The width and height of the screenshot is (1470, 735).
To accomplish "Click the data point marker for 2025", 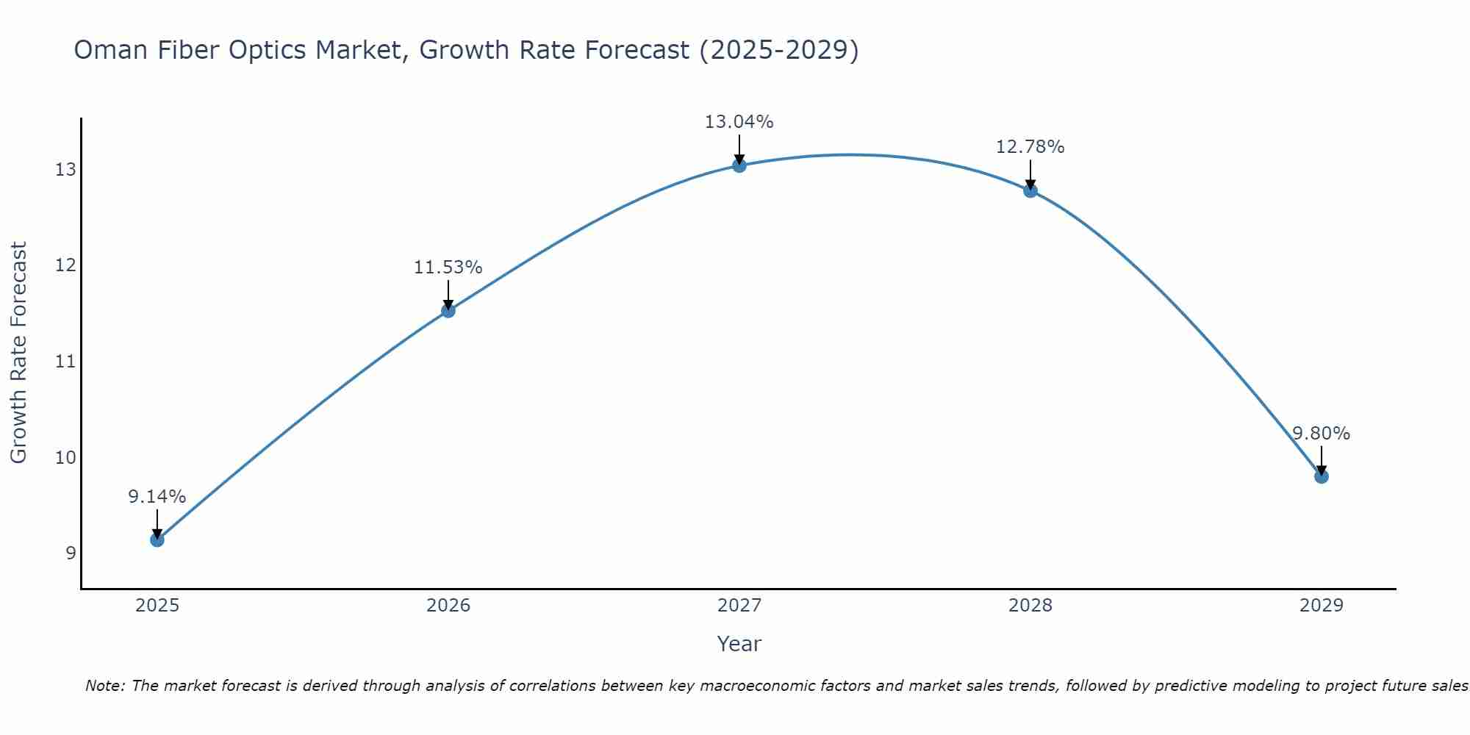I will click(x=157, y=540).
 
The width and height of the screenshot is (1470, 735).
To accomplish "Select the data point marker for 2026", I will click(x=448, y=311).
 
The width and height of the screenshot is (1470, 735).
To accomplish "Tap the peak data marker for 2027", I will click(x=739, y=165).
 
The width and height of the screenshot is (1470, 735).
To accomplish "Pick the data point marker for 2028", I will click(x=1030, y=191).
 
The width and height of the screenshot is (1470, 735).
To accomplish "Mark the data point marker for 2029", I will click(x=1322, y=476).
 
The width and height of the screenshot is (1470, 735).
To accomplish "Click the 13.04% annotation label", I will click(x=739, y=122).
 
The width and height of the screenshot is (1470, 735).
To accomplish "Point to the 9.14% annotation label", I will click(x=157, y=497).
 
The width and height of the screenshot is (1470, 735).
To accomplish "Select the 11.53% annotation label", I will click(x=448, y=268).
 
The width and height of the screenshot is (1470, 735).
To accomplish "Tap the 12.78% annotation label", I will click(x=1030, y=147).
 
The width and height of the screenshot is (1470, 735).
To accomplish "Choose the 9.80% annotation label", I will click(x=1321, y=434).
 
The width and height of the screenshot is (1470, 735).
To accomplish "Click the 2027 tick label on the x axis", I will click(x=739, y=606).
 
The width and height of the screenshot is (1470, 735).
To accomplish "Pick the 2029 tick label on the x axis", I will click(x=1322, y=606).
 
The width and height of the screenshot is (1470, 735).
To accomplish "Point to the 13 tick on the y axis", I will click(x=65, y=170).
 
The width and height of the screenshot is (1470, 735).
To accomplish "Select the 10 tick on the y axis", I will click(x=65, y=458).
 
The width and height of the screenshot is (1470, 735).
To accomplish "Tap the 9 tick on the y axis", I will click(x=71, y=553).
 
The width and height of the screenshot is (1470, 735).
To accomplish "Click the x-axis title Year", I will click(x=739, y=644).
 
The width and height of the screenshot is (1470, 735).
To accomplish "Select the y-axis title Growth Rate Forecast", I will click(x=18, y=353).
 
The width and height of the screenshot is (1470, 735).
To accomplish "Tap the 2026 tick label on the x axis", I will click(x=448, y=606).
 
